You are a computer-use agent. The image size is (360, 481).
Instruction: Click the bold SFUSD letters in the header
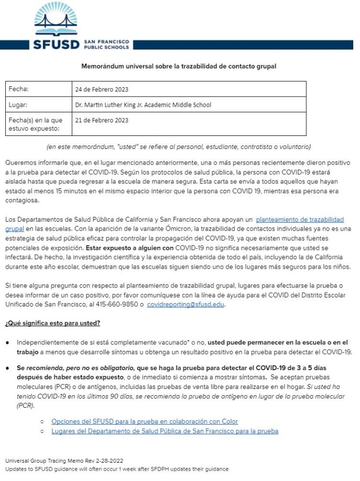point(56,43)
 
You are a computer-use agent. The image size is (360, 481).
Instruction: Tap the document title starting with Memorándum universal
point(179,66)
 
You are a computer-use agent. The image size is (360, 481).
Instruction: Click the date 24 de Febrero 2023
point(102,89)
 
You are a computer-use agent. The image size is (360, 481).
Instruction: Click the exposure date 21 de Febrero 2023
point(102,120)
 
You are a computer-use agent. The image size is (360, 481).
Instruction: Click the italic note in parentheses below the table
point(179,146)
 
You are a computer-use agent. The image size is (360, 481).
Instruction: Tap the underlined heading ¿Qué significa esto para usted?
point(53,323)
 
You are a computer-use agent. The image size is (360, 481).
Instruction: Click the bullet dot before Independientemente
point(8,342)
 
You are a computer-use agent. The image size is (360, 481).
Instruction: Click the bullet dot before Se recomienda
point(8,368)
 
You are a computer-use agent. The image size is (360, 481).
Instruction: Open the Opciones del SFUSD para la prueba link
point(144,421)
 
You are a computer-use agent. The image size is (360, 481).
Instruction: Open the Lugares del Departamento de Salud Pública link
point(165,431)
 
